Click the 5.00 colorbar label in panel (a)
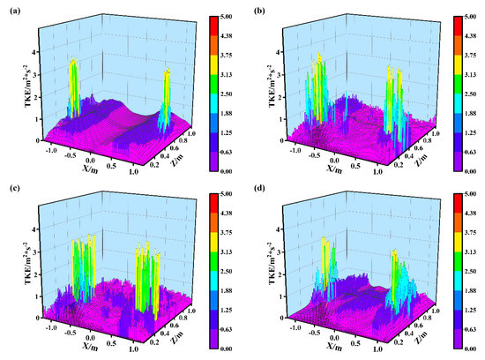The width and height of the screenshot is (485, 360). point(225,15)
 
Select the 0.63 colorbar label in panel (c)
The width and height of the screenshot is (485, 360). point(225,335)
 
